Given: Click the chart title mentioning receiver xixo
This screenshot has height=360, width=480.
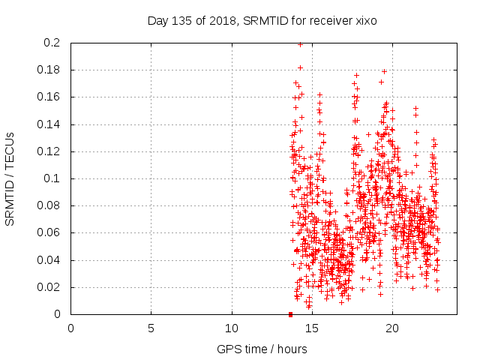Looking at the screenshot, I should tap(262, 21).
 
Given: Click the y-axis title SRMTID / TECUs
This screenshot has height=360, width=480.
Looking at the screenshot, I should tap(10, 178).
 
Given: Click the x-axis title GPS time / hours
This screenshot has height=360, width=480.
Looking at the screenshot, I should tap(262, 349).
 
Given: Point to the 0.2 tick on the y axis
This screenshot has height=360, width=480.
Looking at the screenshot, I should tap(52, 43).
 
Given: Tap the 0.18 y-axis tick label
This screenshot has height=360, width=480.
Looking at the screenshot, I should tap(49, 70).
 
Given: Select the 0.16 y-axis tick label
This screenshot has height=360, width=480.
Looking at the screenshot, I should tap(49, 97).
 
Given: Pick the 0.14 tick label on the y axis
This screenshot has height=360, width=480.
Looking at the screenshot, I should tap(49, 124).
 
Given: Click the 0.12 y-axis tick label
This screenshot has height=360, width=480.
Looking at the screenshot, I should tap(49, 151).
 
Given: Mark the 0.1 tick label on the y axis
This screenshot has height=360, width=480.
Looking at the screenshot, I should tap(52, 178).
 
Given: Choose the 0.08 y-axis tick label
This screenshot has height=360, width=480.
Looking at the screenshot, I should tap(49, 205).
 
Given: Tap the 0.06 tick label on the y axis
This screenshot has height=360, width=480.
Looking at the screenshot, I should tap(49, 232).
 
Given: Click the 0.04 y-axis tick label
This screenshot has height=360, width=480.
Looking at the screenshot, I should tap(49, 260).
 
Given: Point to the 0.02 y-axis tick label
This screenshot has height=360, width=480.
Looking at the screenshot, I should tap(49, 287).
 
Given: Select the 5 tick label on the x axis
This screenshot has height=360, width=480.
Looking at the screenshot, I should tap(151, 328).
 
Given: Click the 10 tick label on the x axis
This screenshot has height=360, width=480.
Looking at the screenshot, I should tap(232, 328).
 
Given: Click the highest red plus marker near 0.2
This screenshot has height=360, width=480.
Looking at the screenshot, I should tap(301, 44).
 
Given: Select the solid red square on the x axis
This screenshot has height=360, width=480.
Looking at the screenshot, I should tap(290, 313).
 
